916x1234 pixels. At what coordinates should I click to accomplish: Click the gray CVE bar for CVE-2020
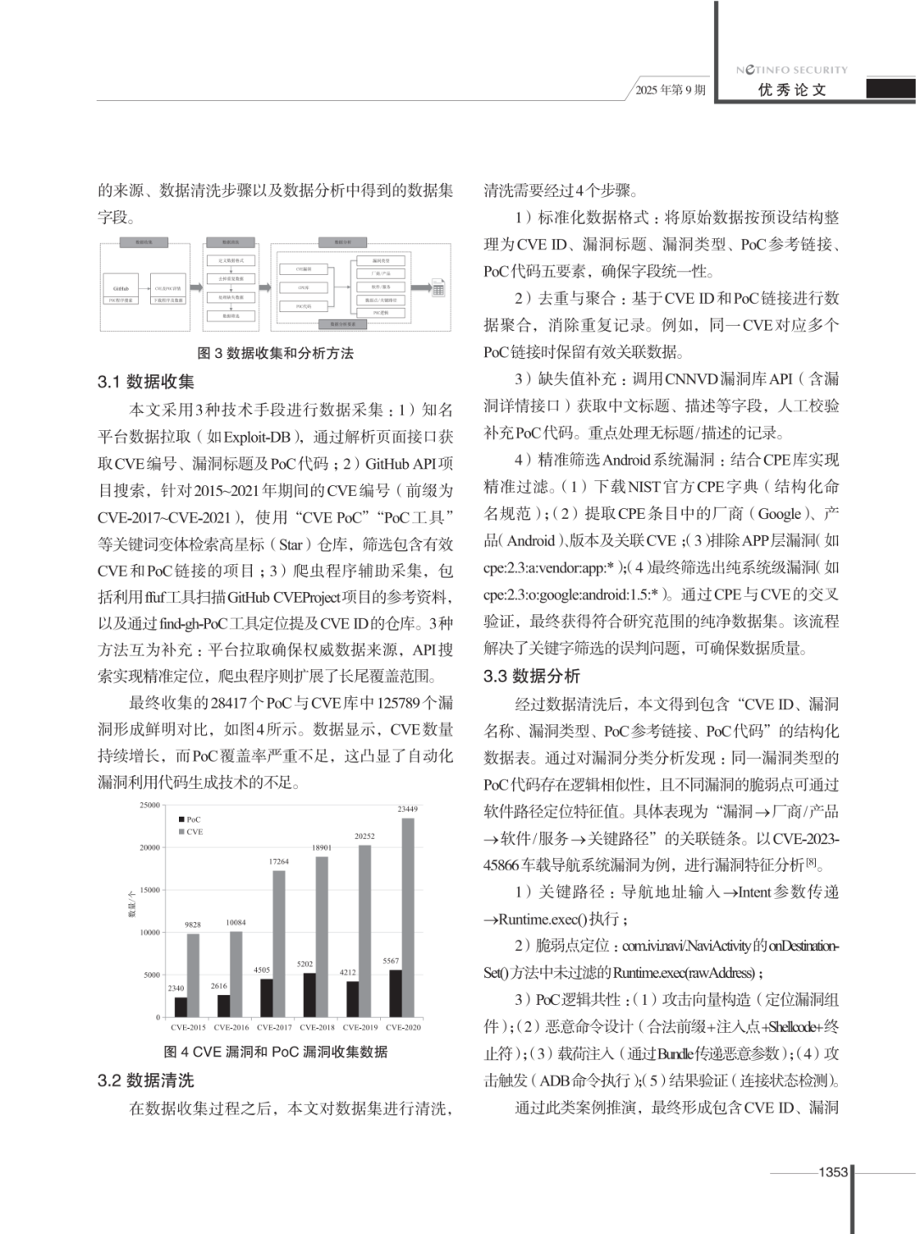pyautogui.click(x=408, y=918)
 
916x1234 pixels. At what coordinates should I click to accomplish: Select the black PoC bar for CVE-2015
pyautogui.click(x=181, y=1007)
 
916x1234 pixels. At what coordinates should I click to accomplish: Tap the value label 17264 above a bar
pyautogui.click(x=279, y=862)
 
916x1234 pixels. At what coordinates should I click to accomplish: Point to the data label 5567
pyautogui.click(x=390, y=961)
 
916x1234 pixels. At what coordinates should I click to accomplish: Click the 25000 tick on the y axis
pyautogui.click(x=149, y=805)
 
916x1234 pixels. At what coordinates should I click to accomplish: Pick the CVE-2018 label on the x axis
pyautogui.click(x=317, y=1027)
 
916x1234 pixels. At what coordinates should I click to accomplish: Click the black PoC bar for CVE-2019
pyautogui.click(x=352, y=999)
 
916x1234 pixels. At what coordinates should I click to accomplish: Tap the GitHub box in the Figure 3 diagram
pyautogui.click(x=120, y=288)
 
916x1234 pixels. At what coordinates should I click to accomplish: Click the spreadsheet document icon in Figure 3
pyautogui.click(x=438, y=288)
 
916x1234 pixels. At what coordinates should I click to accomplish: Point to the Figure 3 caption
pyautogui.click(x=275, y=353)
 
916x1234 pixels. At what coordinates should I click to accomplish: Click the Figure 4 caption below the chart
pyautogui.click(x=275, y=1052)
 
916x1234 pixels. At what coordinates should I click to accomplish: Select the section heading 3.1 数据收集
pyautogui.click(x=146, y=382)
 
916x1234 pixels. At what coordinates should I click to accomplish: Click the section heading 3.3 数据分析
pyautogui.click(x=532, y=676)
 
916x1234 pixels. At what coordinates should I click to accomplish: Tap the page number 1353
pyautogui.click(x=833, y=1171)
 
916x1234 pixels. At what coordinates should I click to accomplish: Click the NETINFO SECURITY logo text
pyautogui.click(x=791, y=70)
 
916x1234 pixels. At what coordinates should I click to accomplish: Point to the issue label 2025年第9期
pyautogui.click(x=670, y=90)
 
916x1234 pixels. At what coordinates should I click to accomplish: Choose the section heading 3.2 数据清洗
pyautogui.click(x=146, y=1080)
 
